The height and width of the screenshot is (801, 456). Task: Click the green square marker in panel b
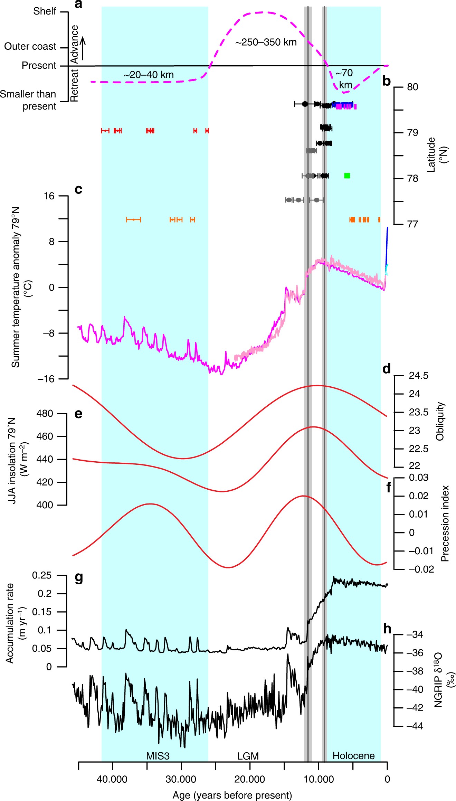[x=347, y=176]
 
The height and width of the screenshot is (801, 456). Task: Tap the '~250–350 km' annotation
[x=266, y=42]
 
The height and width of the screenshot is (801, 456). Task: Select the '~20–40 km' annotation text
[x=148, y=75]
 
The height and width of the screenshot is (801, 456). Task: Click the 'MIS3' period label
[x=158, y=756]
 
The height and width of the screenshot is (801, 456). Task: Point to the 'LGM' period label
[x=248, y=756]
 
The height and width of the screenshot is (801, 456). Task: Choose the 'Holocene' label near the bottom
[x=353, y=756]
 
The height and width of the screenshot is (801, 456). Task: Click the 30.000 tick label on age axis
[x=181, y=779]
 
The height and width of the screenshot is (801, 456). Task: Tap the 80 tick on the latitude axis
[x=412, y=87]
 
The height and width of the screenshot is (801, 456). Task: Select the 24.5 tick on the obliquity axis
[x=418, y=376]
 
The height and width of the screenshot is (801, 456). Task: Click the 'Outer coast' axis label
[x=30, y=46]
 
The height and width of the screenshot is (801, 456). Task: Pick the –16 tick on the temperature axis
[x=46, y=379]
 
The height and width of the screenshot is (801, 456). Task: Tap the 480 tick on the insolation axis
[x=45, y=413]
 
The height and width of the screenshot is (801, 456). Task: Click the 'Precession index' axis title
[x=445, y=524]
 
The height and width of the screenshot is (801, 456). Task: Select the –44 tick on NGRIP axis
[x=415, y=726]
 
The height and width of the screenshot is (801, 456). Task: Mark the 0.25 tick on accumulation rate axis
[x=42, y=575]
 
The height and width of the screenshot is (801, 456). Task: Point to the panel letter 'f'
[x=389, y=488]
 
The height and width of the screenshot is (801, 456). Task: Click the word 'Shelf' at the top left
[x=45, y=11]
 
